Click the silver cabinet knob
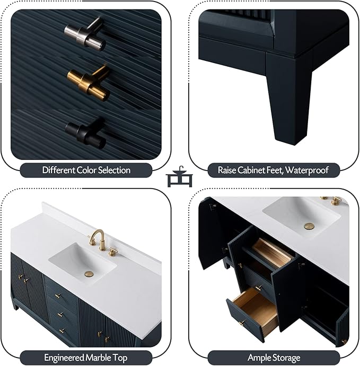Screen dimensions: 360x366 click(x=85, y=34)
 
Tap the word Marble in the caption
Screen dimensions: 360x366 click(x=98, y=358)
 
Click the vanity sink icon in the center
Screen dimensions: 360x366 click(x=180, y=177)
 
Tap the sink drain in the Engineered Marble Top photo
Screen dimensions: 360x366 click(x=89, y=274)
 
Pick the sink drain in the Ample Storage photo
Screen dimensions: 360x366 click(x=309, y=226)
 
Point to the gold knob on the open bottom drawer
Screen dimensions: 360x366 click(x=242, y=323)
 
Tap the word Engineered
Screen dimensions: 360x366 click(x=64, y=358)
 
